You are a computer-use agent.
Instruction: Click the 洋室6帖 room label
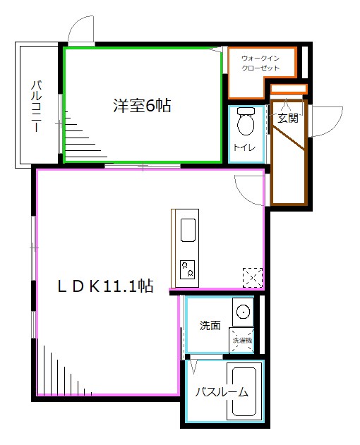[143, 106]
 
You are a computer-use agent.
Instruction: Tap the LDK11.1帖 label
[106, 286]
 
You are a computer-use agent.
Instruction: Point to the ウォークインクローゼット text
[260, 63]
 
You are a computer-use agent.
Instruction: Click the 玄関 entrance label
[287, 118]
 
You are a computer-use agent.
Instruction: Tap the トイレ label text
[244, 147]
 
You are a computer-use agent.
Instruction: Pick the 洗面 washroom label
[210, 326]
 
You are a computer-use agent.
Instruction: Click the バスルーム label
[222, 393]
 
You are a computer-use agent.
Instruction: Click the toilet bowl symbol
[246, 122]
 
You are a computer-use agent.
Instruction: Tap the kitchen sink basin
[188, 230]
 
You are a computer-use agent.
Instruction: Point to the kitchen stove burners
[188, 269]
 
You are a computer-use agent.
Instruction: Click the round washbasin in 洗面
[243, 311]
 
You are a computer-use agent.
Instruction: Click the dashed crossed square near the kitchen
[251, 277]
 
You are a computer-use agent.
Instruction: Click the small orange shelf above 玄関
[289, 89]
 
